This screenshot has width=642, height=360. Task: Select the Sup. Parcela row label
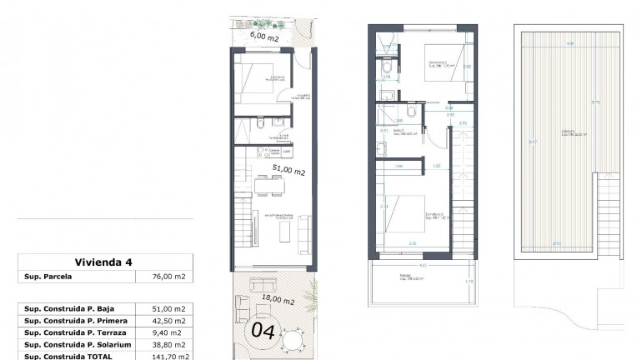(x=48, y=278)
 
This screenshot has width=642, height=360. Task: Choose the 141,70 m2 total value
(x=168, y=356)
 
